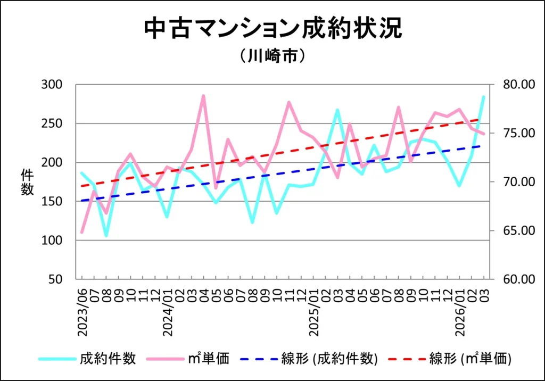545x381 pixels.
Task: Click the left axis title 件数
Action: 27,181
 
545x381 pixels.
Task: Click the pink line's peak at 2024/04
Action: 203,96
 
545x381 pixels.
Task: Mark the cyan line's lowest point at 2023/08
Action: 106,235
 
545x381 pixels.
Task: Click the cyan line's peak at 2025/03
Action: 337,110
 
